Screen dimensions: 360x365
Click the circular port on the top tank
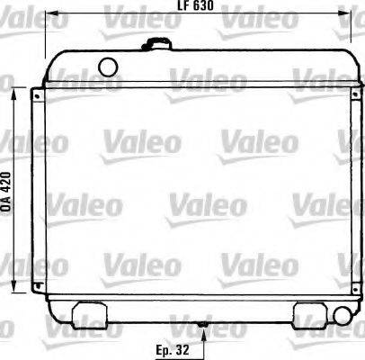pyautogui.click(x=109, y=66)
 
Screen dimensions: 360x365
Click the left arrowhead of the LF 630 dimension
pyautogui.click(x=52, y=15)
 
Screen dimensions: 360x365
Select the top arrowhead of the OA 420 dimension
pyautogui.click(x=15, y=92)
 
